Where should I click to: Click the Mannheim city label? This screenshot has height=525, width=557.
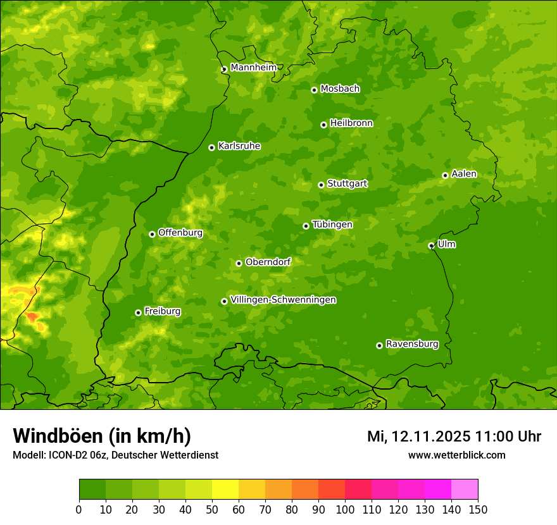[x=253, y=68]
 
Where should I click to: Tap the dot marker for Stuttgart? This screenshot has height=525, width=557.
[x=321, y=185]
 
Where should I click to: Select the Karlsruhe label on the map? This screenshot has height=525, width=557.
[x=239, y=146]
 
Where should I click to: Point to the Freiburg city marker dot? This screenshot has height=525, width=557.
[x=138, y=312]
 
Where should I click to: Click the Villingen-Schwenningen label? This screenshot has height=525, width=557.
[x=283, y=300]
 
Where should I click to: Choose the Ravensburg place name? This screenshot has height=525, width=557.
[x=412, y=344]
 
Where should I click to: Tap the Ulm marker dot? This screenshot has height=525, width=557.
[x=431, y=245]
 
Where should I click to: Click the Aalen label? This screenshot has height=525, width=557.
[x=464, y=174]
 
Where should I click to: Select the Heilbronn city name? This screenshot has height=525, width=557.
[x=351, y=123]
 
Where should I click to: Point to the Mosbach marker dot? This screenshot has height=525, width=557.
[x=314, y=90]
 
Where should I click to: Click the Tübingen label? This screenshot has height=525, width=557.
[x=332, y=225]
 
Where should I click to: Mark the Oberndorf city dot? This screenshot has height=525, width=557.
[x=239, y=263]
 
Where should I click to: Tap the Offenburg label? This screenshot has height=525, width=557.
[x=180, y=233]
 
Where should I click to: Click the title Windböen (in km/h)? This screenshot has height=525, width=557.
[x=102, y=436]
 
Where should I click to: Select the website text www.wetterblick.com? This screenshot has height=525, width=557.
[x=456, y=455]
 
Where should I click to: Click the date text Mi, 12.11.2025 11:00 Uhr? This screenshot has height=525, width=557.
[x=454, y=436]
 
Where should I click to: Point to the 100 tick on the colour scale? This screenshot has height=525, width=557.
[x=345, y=510]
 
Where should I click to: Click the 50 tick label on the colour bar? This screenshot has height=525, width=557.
[x=212, y=510]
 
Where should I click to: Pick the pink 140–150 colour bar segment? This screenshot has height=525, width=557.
[x=465, y=489]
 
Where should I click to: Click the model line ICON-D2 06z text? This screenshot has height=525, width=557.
[x=115, y=455]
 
